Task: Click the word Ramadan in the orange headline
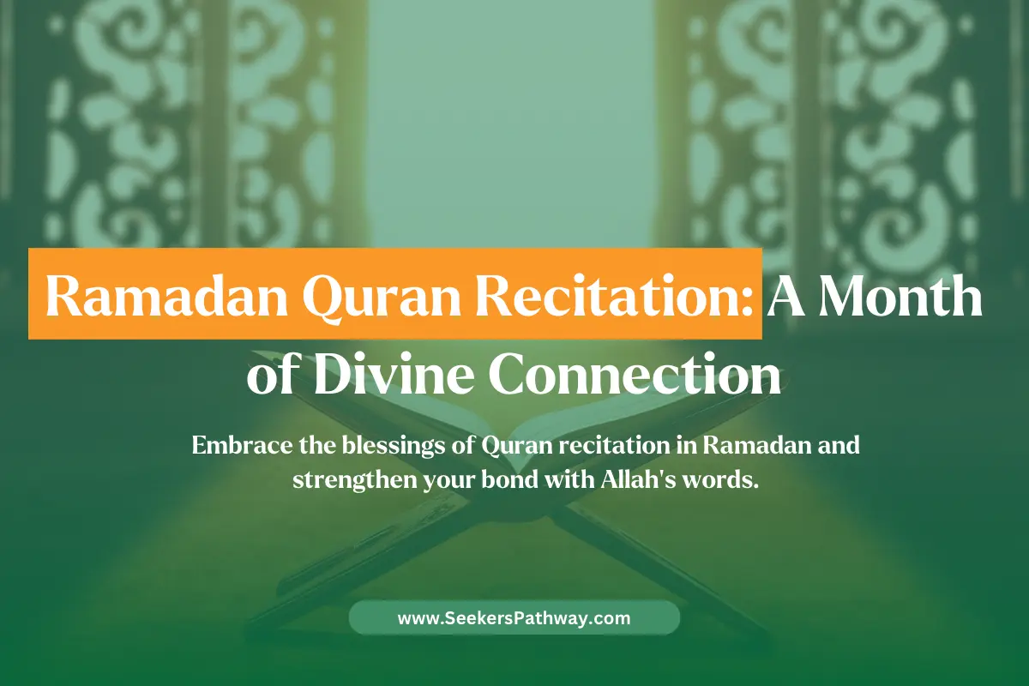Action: point(166,297)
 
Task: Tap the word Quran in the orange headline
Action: point(381,298)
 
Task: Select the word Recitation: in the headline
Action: point(614,297)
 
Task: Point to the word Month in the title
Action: point(902,295)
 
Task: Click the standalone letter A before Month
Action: point(786,297)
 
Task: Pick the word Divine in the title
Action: point(394,374)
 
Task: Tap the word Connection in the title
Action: point(635,375)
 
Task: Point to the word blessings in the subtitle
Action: point(394,447)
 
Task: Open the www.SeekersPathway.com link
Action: point(514,618)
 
